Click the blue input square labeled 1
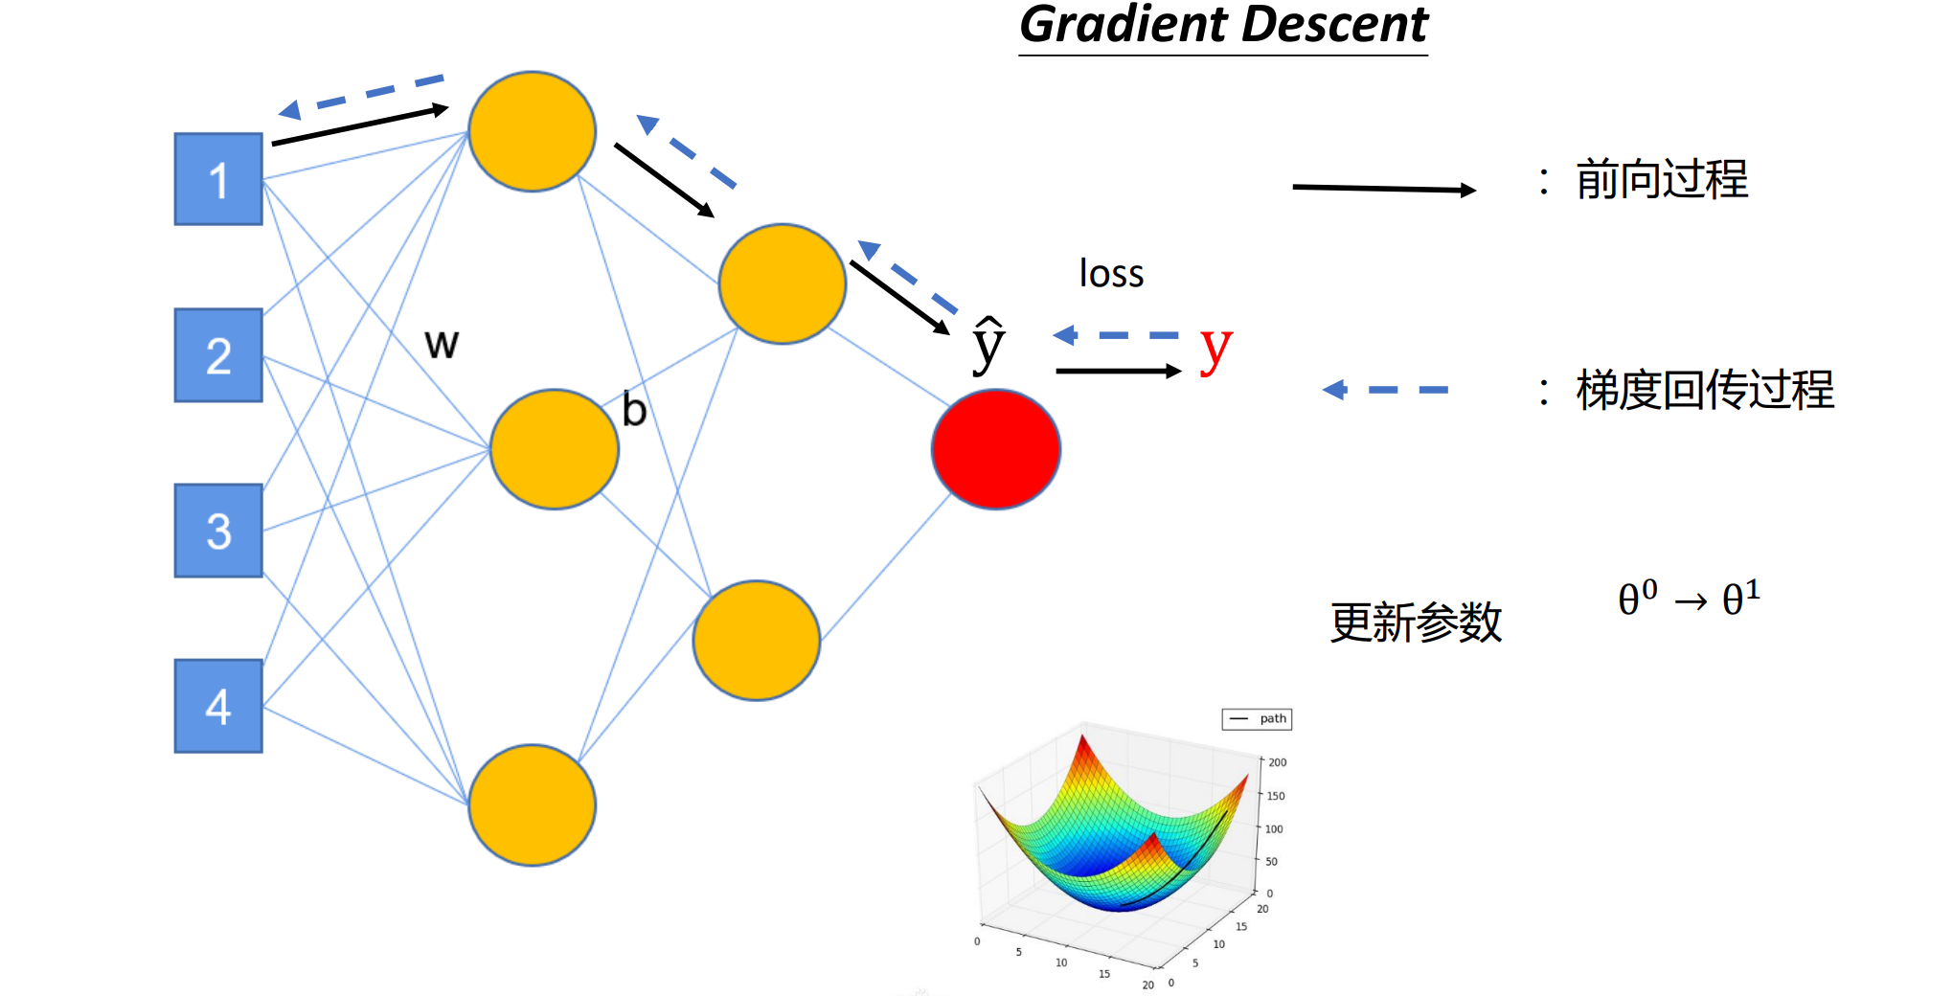218,179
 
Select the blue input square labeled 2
218,355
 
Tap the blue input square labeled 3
218,531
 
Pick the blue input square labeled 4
218,706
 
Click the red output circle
996,449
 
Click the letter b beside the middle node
634,409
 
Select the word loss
1111,273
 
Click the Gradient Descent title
1223,26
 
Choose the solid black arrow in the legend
1384,189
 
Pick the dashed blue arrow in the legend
1385,389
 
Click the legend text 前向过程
1662,180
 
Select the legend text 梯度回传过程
1705,390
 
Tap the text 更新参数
1416,622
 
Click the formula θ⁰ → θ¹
1689,599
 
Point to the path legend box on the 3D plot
1257,719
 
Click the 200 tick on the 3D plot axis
1277,762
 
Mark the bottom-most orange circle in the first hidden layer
533,805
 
